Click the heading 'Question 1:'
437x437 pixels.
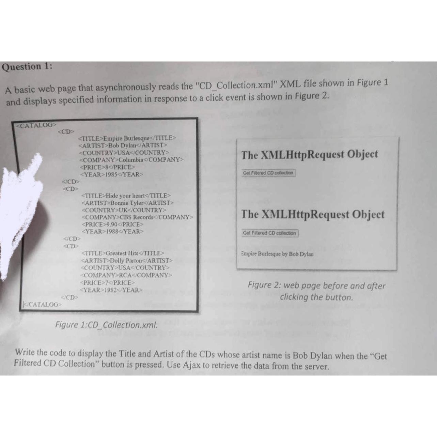27,66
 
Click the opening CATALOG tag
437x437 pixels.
36,125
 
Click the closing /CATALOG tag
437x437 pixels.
42,304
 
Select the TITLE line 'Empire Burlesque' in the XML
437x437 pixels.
127,138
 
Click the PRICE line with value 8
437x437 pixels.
107,167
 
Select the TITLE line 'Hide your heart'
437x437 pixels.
126,196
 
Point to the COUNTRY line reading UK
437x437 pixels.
124,210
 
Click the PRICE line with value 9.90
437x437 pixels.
112,224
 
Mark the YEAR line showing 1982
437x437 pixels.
111,290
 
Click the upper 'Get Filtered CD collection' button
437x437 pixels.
268,173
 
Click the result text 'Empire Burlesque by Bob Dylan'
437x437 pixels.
277,254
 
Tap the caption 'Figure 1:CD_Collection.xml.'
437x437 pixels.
106,325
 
